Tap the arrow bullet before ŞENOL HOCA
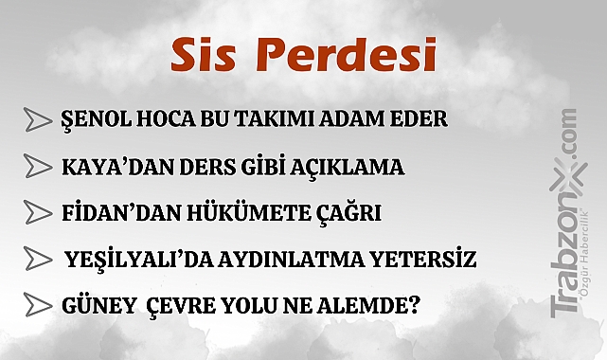coord(38,121)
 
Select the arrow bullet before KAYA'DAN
coord(38,168)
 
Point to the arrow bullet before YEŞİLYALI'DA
coord(38,259)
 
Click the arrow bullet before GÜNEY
coord(38,305)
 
